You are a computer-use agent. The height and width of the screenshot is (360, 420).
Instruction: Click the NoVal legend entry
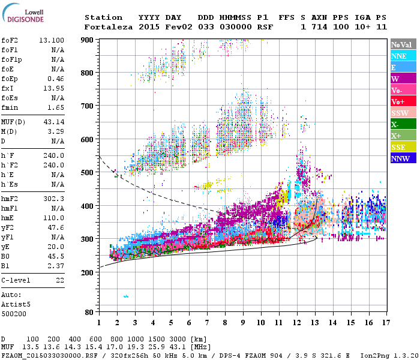[x=401, y=44]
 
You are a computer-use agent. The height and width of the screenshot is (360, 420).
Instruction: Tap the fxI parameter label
[x=8, y=88]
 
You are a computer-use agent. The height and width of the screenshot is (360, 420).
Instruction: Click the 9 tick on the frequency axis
[x=242, y=323]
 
